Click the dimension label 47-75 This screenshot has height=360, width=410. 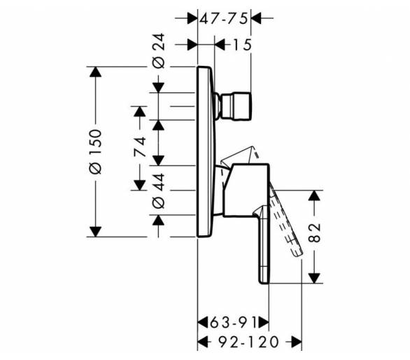(224, 19)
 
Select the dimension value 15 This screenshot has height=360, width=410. (242, 45)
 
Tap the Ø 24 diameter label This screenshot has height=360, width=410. (159, 50)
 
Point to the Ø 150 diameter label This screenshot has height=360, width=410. (95, 151)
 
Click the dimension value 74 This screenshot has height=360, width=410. (140, 146)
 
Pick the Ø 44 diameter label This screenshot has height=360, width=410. (159, 191)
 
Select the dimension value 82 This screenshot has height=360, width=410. (314, 233)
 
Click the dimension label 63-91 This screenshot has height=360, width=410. (233, 322)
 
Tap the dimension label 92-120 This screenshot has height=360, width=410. (248, 342)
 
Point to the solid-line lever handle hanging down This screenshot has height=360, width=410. (263, 244)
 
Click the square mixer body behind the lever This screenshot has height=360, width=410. (246, 191)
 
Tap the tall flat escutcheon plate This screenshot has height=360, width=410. (206, 152)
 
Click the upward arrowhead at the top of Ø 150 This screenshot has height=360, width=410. (95, 71)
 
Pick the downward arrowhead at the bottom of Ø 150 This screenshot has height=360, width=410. (95, 232)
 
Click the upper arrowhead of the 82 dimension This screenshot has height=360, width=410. (314, 195)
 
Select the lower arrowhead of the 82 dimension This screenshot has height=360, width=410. (314, 278)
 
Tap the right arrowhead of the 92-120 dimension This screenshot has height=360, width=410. (297, 342)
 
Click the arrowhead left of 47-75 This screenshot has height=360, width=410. (192, 18)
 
